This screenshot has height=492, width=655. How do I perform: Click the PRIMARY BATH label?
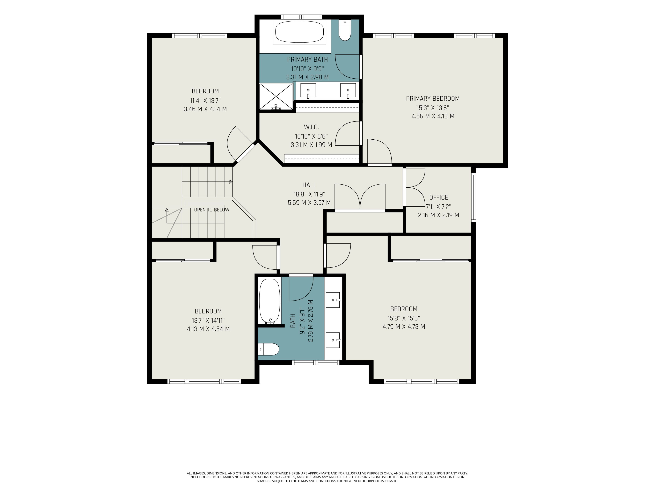(x=307, y=60)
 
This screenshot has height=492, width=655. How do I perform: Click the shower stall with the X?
(x=276, y=97)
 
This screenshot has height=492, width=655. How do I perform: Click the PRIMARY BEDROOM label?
(x=433, y=98)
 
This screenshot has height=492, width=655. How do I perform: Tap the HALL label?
(x=309, y=185)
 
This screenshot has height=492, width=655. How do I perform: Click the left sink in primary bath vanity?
(x=308, y=90)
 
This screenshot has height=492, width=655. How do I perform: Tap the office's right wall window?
(x=474, y=197)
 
